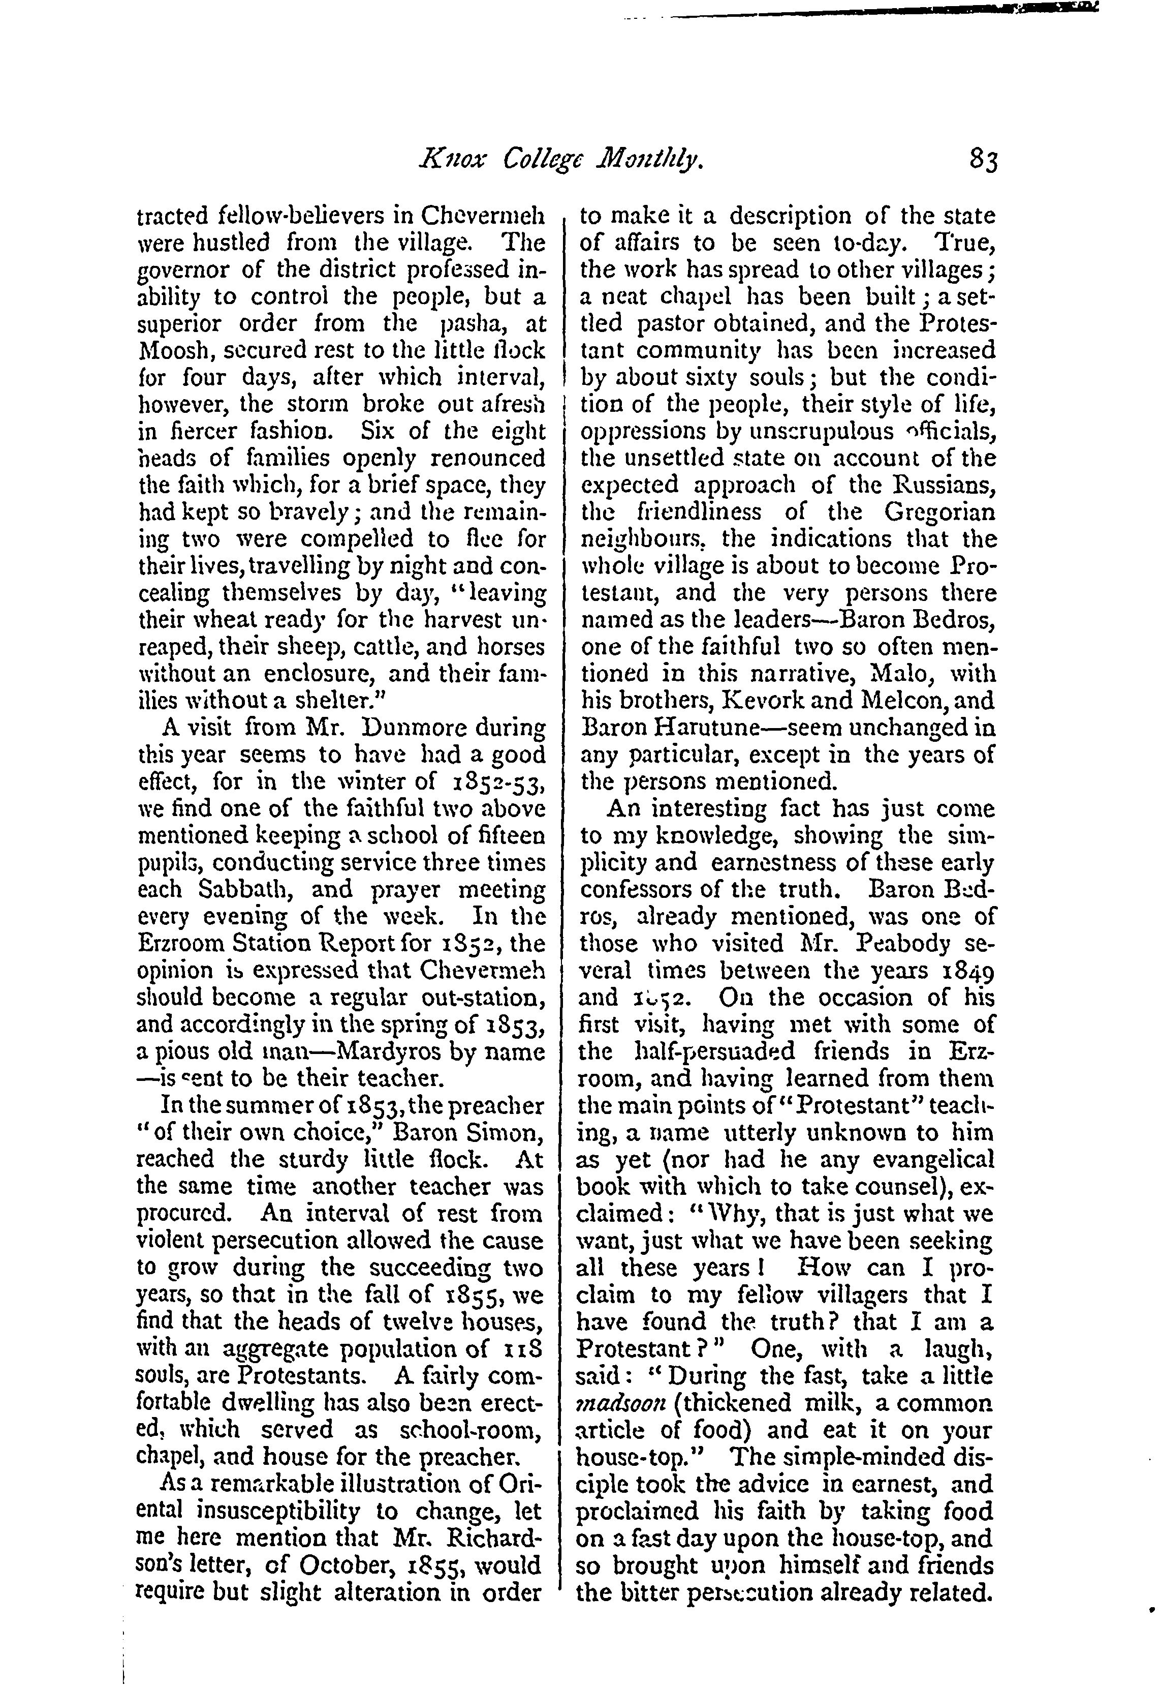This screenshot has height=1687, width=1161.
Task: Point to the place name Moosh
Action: tap(173, 351)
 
